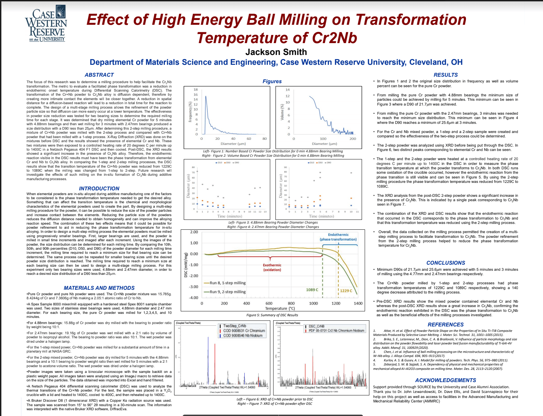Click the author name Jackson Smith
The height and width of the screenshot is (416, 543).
point(276,52)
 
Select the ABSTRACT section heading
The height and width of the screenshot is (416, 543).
point(99,75)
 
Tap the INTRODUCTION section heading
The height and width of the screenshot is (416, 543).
point(99,188)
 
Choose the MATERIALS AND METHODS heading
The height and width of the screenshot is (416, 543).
point(99,288)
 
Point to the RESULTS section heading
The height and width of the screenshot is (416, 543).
point(446,75)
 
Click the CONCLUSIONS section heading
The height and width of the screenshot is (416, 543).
point(446,263)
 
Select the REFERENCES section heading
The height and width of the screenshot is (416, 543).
point(446,324)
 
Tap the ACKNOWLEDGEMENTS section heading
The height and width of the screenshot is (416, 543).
point(446,380)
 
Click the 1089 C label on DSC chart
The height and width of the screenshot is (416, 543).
point(312,290)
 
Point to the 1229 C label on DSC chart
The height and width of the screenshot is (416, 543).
point(346,291)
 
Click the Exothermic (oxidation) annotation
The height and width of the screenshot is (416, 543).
point(272,267)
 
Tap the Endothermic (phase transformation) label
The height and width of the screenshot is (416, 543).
point(338,237)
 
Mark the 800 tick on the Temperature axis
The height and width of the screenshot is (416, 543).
point(291,303)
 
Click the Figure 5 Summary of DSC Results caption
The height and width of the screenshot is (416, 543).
point(272,315)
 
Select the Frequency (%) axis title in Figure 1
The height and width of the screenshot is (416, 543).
point(190,112)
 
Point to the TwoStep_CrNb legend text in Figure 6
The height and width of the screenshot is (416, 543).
point(235,326)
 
